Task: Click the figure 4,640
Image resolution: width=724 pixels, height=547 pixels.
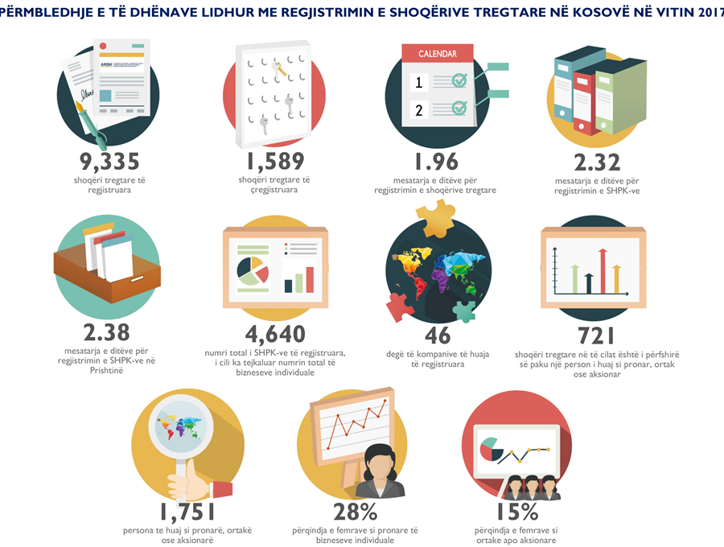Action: point(275,333)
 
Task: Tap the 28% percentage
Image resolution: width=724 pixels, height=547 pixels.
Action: point(356,511)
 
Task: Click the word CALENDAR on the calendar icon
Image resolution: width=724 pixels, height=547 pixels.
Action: point(437,54)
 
